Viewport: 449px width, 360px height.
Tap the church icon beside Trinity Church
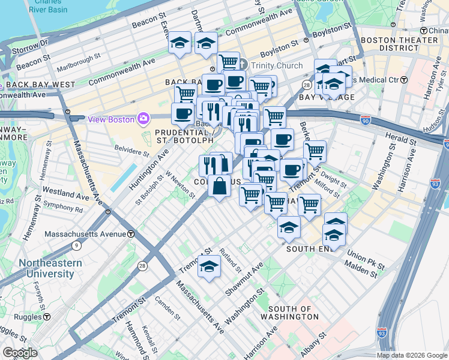coord(243,65)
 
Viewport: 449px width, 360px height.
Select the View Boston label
coord(112,118)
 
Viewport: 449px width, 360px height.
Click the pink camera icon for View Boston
coord(143,118)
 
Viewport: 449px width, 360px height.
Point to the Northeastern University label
coord(46,268)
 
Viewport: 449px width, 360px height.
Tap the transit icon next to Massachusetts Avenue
coord(130,233)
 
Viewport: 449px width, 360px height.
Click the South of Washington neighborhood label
coord(290,312)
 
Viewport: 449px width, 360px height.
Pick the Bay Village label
coord(328,97)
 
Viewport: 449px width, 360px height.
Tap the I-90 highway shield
coord(366,121)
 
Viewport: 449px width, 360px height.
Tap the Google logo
coord(20,353)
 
